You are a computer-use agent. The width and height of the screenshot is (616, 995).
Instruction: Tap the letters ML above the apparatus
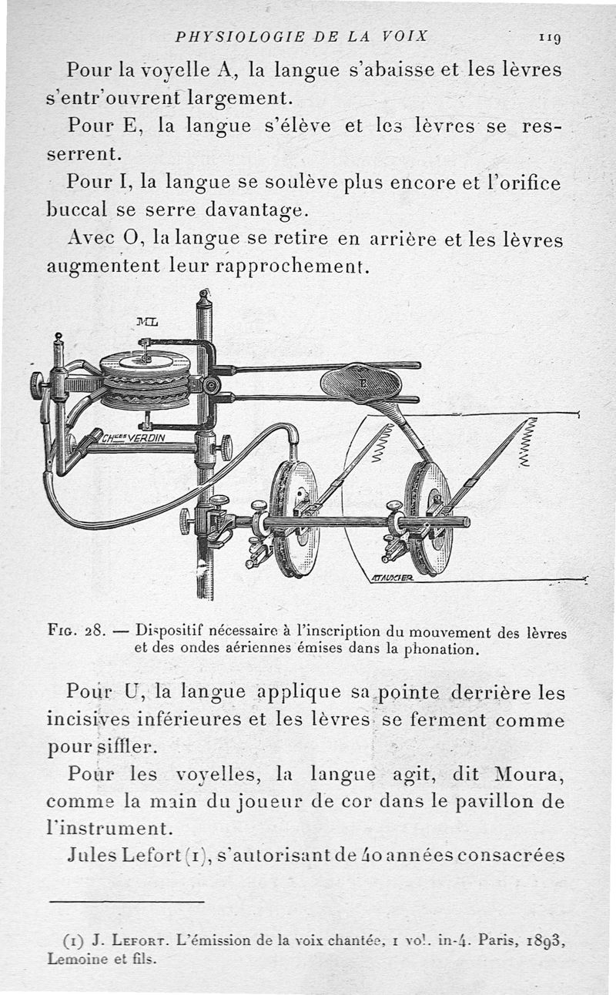point(147,322)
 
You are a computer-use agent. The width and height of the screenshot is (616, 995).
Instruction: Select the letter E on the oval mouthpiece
point(360,380)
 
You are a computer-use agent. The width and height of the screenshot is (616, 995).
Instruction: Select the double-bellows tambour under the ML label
point(146,380)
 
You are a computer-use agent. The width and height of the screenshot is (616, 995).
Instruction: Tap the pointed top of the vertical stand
point(204,295)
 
